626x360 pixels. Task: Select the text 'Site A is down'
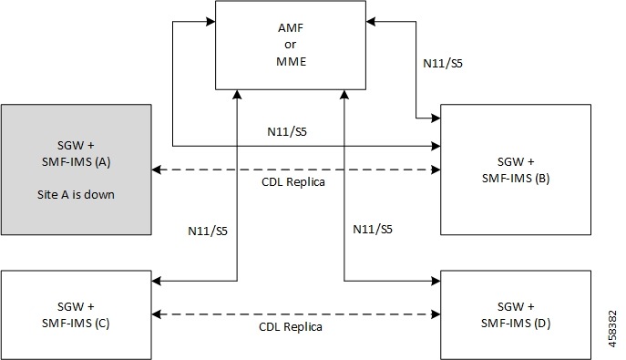click(x=77, y=195)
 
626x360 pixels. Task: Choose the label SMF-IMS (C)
click(x=77, y=323)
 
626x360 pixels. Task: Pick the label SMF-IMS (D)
click(x=516, y=323)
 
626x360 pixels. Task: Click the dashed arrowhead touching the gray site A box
click(x=157, y=170)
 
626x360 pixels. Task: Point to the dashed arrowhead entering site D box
click(x=436, y=313)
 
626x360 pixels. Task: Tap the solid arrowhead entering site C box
click(x=157, y=281)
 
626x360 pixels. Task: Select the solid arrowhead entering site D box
click(x=436, y=281)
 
